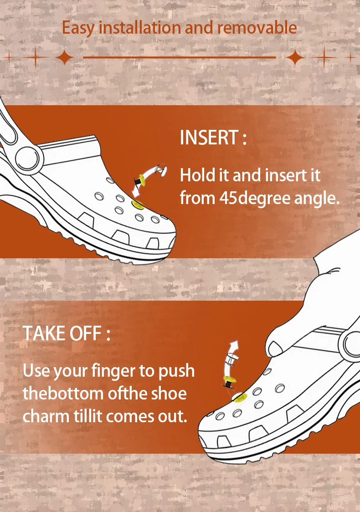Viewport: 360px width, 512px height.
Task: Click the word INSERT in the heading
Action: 209,138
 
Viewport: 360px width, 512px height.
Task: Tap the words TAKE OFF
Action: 62,333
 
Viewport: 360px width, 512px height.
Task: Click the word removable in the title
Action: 257,27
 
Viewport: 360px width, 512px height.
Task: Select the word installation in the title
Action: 140,27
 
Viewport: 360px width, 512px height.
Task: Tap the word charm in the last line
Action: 46,416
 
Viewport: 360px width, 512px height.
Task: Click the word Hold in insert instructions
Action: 198,175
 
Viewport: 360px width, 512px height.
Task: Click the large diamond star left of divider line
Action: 65,57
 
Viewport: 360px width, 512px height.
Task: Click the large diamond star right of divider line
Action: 295,57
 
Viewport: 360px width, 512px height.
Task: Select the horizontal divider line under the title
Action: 180,57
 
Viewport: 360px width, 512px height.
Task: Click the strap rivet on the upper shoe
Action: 28,158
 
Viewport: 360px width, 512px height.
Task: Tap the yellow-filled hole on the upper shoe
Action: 138,205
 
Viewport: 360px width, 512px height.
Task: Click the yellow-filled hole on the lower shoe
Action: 239,397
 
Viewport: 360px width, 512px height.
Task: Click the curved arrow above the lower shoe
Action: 232,356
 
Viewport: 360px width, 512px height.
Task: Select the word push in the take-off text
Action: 177,371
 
